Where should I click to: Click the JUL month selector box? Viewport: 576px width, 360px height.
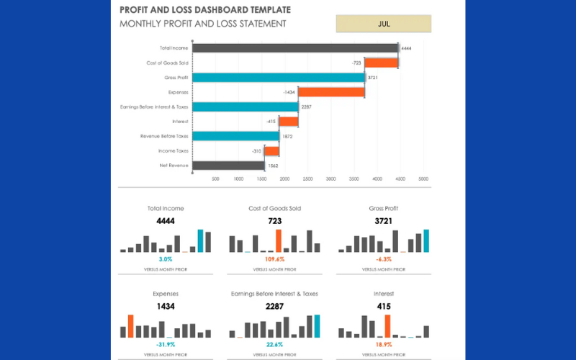coord(383,23)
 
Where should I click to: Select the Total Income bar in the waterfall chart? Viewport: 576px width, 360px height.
coord(295,48)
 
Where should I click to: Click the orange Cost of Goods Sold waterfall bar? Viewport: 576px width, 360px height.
coord(382,63)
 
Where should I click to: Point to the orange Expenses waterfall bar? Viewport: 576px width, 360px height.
coord(331,92)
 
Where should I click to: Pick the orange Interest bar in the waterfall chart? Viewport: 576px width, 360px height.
coord(288,122)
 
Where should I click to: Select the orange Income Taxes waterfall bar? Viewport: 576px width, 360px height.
coord(271,151)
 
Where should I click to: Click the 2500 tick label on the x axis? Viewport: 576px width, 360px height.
coord(307,179)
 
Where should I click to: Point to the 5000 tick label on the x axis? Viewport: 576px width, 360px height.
coord(423,179)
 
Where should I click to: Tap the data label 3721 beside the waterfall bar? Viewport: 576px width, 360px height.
coord(373,77)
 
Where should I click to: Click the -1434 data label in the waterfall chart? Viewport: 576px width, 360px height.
coord(289,92)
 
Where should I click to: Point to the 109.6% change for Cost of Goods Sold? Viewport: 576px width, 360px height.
coord(274,258)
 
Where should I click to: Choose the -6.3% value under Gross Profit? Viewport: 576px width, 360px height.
coord(384,258)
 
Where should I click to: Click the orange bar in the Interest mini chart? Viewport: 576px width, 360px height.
coord(388,325)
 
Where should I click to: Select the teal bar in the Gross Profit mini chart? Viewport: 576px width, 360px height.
coord(426,240)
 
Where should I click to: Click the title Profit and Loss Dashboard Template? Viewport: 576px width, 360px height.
coord(205,10)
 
